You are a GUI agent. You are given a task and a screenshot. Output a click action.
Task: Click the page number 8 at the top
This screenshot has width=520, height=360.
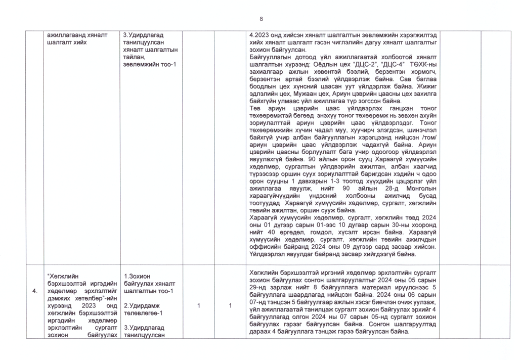pos(262,19)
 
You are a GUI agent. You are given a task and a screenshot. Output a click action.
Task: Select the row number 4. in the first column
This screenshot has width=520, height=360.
pos(34,291)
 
